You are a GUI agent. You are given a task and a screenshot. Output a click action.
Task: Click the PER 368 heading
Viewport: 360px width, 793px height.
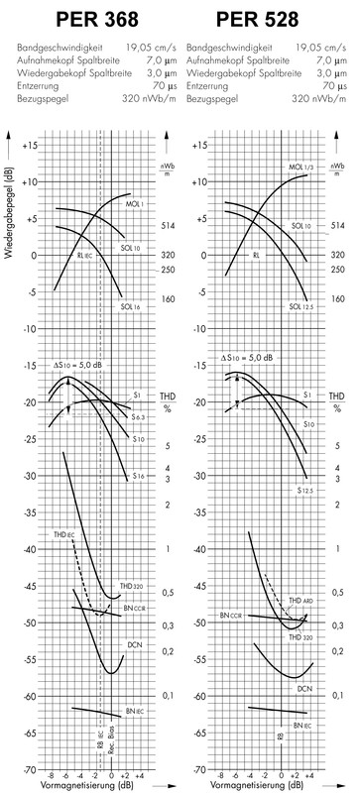(x=88, y=19)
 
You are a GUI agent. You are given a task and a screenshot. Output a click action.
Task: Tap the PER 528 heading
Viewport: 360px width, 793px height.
(x=269, y=19)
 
